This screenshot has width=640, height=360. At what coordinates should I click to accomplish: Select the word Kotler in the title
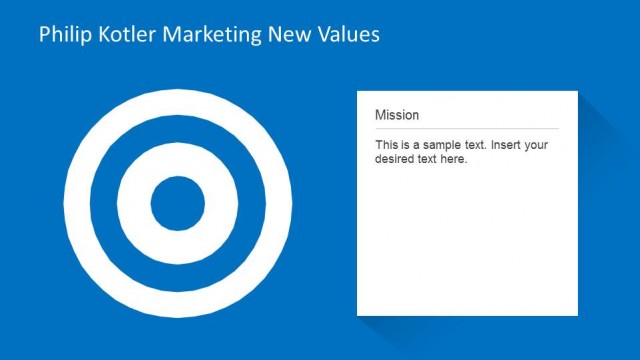click(123, 35)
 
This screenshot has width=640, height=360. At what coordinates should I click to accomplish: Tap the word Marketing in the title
click(211, 35)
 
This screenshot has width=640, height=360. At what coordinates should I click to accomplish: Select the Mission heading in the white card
click(397, 115)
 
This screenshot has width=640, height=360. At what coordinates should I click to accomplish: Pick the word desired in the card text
click(397, 159)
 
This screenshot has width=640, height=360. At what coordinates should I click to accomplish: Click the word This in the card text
click(387, 145)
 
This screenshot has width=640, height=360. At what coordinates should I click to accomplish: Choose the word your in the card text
click(537, 145)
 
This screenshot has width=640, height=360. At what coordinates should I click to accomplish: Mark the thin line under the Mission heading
click(467, 129)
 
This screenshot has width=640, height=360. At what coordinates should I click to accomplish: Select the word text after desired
click(430, 159)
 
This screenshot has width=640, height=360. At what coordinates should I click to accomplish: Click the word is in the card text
click(406, 145)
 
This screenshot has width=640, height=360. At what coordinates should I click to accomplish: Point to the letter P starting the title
click(44, 35)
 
